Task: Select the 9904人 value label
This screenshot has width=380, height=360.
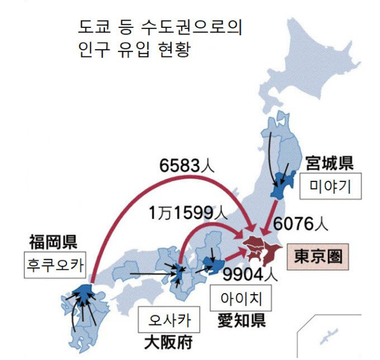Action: (x=249, y=275)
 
